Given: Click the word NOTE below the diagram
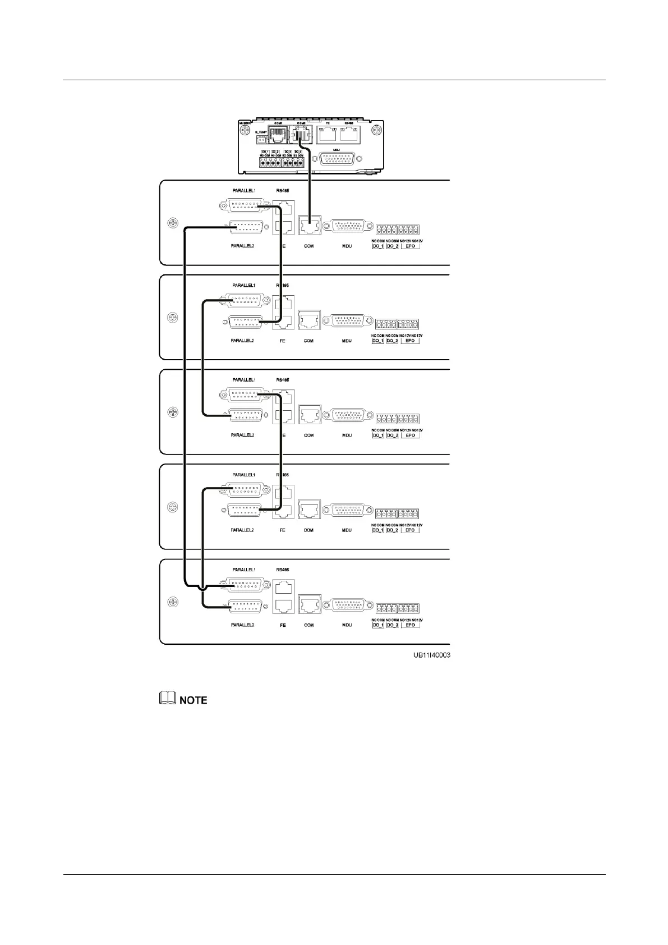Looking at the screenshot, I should click(193, 700).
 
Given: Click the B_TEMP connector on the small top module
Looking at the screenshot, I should click(261, 140).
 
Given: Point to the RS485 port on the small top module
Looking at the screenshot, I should click(350, 133).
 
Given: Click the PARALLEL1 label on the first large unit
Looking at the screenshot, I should click(244, 191).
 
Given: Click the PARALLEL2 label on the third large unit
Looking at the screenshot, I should click(243, 435).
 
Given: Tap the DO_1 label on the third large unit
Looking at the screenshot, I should click(377, 435).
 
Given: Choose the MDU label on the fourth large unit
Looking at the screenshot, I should click(347, 530).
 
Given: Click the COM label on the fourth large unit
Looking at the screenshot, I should click(308, 530).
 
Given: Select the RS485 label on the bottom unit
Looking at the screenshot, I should click(283, 570).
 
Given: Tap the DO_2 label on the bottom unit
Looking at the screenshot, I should click(393, 625).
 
